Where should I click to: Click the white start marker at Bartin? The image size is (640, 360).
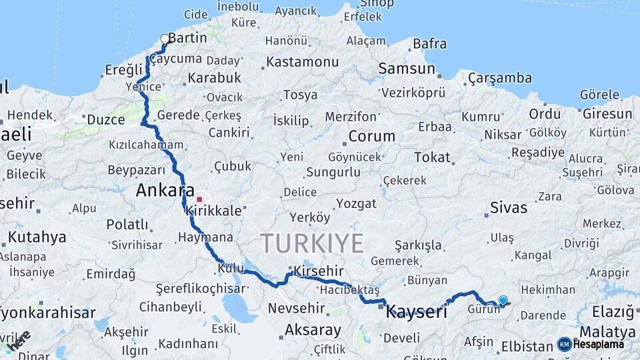point(165,39)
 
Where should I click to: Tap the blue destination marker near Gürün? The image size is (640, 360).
point(503,301)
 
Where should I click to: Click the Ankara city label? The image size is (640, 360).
point(165,191)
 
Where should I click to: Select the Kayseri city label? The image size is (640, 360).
point(417,311)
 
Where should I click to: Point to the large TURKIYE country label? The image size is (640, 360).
point(312,243)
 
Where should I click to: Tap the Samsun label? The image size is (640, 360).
point(407,69)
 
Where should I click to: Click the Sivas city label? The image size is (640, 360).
point(509,207)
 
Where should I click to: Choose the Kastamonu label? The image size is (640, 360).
point(302,62)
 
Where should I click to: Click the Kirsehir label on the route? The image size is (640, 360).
point(319,271)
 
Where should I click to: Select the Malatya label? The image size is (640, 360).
point(607,331)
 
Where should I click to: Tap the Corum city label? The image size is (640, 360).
point(371,137)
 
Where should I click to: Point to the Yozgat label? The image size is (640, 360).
point(356,203)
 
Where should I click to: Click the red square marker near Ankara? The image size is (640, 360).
point(199,199)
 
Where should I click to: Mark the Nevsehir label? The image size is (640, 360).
point(296,309)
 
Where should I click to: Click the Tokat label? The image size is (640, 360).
point(432,157)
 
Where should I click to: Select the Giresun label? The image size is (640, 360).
point(607,114)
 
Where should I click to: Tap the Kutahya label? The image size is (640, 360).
point(37,237)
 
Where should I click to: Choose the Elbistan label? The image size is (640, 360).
point(527,347)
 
